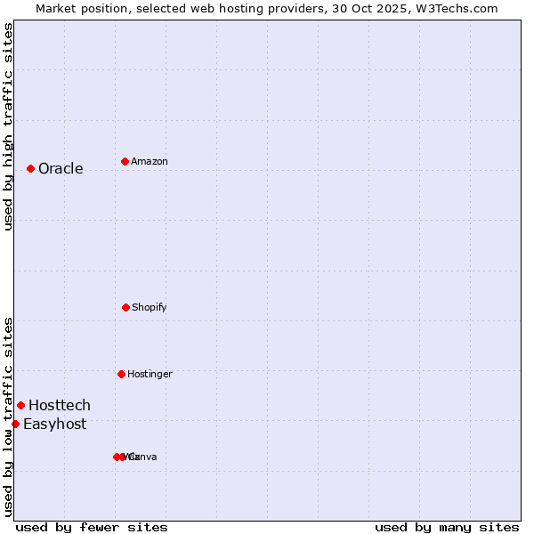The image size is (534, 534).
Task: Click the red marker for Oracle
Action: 30,168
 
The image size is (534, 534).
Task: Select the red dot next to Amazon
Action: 125,161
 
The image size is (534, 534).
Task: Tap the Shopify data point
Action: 125,307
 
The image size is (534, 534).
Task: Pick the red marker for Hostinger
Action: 121,374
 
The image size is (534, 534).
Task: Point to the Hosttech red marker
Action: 21,405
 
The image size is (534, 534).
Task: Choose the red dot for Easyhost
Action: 15,424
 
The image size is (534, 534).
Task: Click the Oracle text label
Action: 61,169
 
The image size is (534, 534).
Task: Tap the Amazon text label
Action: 149,162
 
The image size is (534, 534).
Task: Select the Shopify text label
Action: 149,308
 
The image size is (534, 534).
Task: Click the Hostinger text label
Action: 150,375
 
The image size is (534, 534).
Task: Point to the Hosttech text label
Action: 60,406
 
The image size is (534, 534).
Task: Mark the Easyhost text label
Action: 55,425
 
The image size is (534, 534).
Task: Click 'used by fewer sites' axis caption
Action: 92,527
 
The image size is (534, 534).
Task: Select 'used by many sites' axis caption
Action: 447,527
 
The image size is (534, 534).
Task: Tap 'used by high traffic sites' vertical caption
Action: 8,126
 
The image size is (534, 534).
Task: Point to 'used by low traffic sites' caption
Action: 8,416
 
